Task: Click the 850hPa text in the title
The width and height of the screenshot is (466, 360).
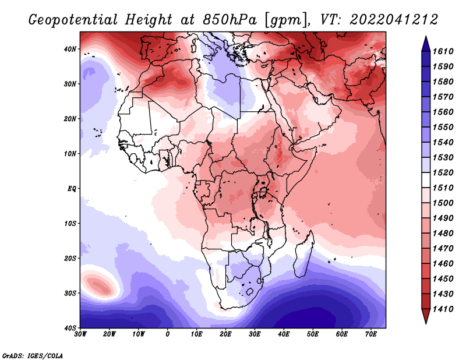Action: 230,20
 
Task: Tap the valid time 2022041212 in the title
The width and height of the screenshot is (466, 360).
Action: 394,20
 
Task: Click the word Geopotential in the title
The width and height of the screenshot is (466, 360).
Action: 73,20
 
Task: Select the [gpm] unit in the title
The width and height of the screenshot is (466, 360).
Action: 287,20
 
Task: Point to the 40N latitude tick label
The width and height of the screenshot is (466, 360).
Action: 70,49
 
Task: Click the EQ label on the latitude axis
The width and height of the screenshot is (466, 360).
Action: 72,189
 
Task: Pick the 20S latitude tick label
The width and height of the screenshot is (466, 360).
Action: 70,258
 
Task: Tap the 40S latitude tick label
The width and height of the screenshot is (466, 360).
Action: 70,328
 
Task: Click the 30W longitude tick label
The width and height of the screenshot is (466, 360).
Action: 80,334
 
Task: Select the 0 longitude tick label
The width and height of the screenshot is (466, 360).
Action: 168,334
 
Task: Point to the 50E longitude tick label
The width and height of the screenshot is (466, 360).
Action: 313,334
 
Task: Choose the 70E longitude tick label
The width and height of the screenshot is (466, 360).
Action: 371,334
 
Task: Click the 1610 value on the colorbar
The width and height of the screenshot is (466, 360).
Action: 443,51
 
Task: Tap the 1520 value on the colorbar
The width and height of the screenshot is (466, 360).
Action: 443,172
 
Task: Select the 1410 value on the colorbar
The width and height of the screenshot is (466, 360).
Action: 443,309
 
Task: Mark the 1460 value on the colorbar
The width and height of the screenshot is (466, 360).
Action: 443,264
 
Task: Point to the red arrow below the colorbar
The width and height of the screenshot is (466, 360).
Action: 426,315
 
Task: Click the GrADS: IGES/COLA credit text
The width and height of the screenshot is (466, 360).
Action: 33,355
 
